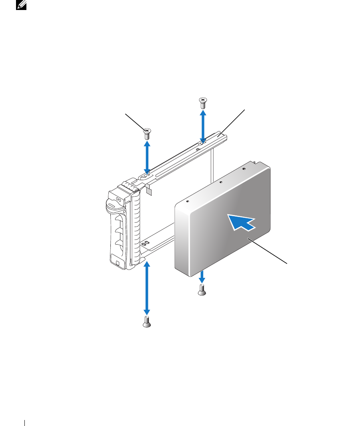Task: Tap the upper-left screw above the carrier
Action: (147, 133)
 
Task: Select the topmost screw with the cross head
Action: (203, 102)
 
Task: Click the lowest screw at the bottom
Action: (147, 322)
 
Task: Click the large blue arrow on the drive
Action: (241, 222)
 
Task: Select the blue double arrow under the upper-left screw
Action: (147, 157)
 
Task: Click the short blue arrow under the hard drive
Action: (202, 275)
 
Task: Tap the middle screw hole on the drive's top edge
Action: (221, 181)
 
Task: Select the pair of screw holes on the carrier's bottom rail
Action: (146, 243)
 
